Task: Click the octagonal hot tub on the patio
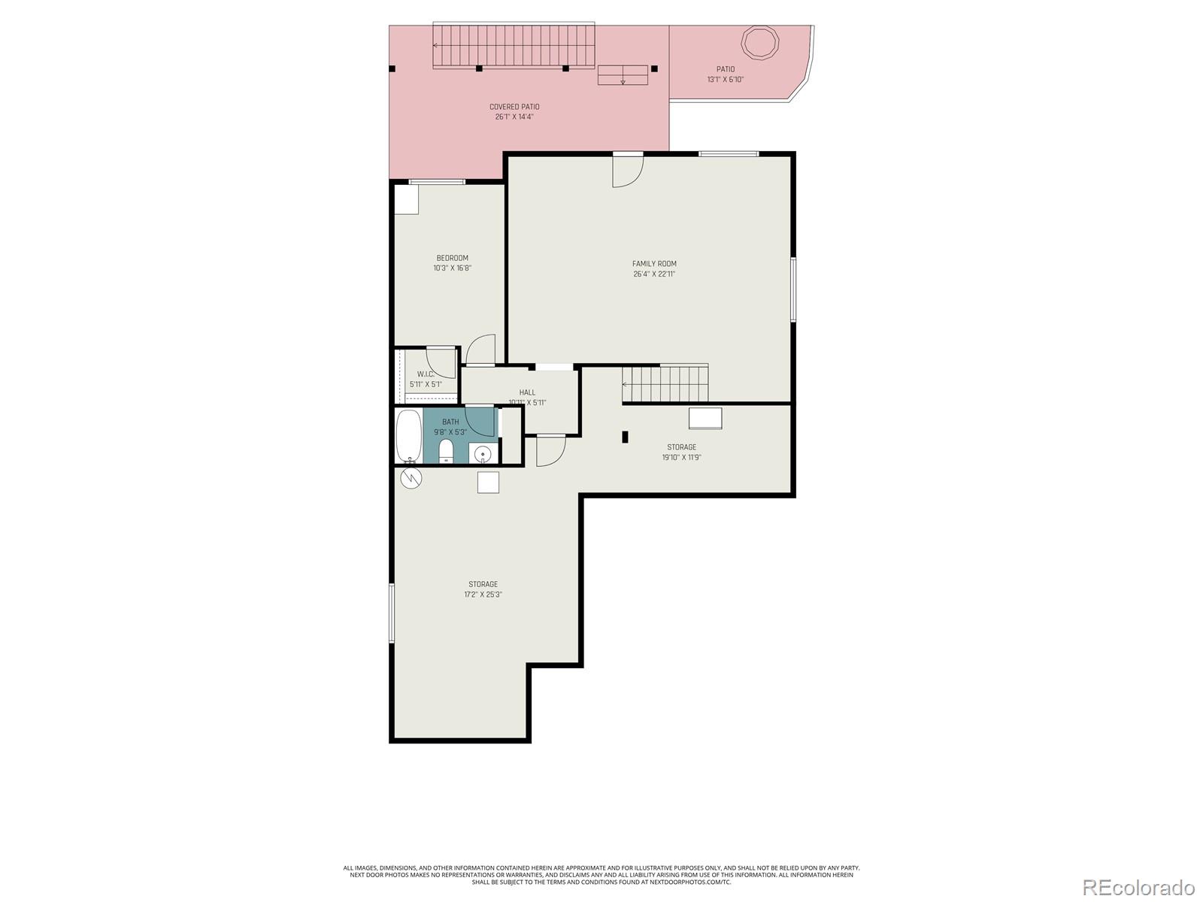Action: tap(759, 41)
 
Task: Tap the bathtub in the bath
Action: tap(408, 436)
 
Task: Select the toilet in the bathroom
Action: tap(446, 451)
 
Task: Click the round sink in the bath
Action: tap(483, 454)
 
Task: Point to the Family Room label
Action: tap(654, 264)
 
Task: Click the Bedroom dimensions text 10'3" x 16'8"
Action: tap(452, 268)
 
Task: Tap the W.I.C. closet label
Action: tap(426, 374)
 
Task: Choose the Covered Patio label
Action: tap(514, 107)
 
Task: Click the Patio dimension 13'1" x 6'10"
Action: tap(725, 80)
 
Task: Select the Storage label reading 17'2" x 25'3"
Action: tap(483, 595)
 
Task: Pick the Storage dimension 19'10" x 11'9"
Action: tap(681, 457)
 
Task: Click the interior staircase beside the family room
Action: tap(665, 384)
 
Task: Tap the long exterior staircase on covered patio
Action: tap(514, 45)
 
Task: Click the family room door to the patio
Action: tap(628, 171)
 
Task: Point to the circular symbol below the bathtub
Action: tap(411, 478)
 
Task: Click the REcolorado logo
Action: tap(1138, 887)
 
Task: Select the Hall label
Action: tap(527, 392)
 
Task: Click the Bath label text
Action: tap(450, 422)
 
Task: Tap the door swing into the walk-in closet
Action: tap(441, 362)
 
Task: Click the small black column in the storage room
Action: tap(625, 437)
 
